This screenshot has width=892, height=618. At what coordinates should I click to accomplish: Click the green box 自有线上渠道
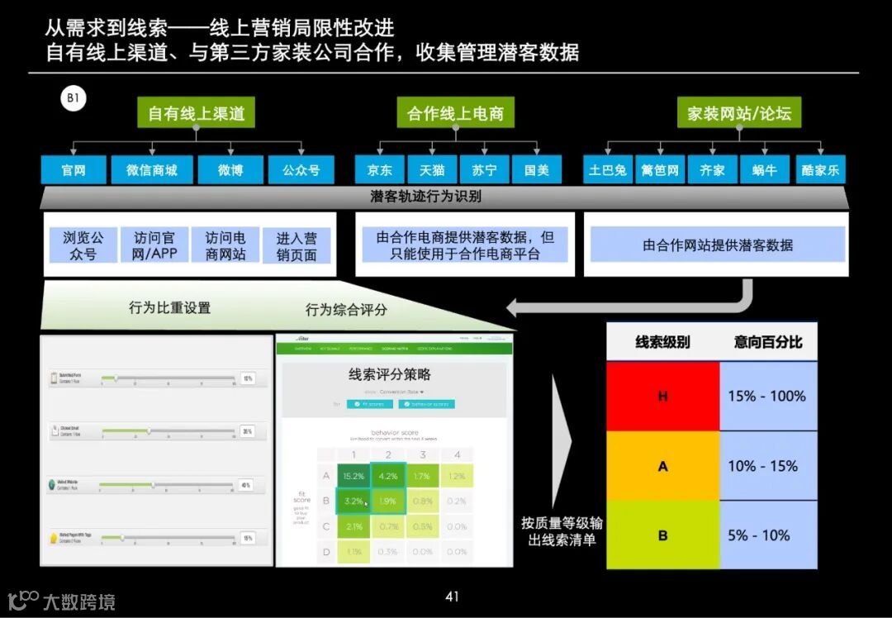(197, 113)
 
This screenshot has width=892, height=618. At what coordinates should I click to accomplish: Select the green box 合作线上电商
(455, 113)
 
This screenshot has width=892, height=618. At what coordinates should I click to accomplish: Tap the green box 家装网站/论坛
(739, 113)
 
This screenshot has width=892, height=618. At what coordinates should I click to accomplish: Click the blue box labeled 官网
(74, 170)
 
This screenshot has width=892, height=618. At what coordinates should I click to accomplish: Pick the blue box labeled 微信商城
(152, 170)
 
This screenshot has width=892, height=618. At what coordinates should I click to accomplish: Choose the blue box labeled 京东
(379, 170)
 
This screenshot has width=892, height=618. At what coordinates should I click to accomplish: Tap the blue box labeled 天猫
(432, 170)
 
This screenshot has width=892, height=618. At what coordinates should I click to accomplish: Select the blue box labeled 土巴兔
(608, 170)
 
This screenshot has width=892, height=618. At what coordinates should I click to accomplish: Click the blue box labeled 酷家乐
(820, 170)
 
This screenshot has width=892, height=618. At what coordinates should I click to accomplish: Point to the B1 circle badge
(73, 100)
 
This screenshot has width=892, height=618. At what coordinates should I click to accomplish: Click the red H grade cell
(662, 396)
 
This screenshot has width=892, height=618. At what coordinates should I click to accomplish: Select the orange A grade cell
(662, 466)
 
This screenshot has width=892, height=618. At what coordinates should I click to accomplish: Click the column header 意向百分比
(768, 342)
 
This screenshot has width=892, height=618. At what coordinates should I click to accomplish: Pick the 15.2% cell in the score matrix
(353, 476)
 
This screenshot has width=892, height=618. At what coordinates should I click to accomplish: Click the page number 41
(452, 597)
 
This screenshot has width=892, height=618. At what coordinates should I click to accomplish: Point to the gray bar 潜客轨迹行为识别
(426, 197)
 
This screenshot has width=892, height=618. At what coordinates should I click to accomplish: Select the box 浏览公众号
(83, 245)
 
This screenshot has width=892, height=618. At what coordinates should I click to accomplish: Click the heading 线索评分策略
(390, 374)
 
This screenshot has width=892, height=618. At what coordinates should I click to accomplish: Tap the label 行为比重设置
(169, 307)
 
